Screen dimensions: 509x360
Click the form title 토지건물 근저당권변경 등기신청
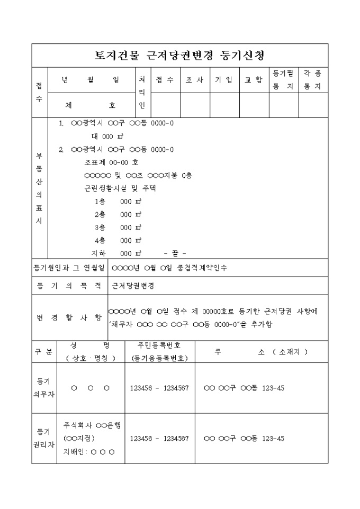[x=179, y=55]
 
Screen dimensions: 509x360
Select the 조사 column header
[x=195, y=80]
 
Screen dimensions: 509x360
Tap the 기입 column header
[x=224, y=80]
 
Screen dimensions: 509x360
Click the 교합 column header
[x=254, y=80]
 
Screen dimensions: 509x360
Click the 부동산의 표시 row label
[x=39, y=189]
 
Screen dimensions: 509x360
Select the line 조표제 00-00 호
[x=111, y=162]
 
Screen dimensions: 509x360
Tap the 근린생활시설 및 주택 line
[x=117, y=188]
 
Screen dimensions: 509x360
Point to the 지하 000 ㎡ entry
[x=116, y=253]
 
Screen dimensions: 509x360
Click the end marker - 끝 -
[x=175, y=253]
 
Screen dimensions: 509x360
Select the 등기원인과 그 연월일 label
[x=69, y=268]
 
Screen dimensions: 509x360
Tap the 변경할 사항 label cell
[x=69, y=317]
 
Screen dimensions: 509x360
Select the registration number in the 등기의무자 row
[x=159, y=388]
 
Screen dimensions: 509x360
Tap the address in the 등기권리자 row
[x=244, y=439]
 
